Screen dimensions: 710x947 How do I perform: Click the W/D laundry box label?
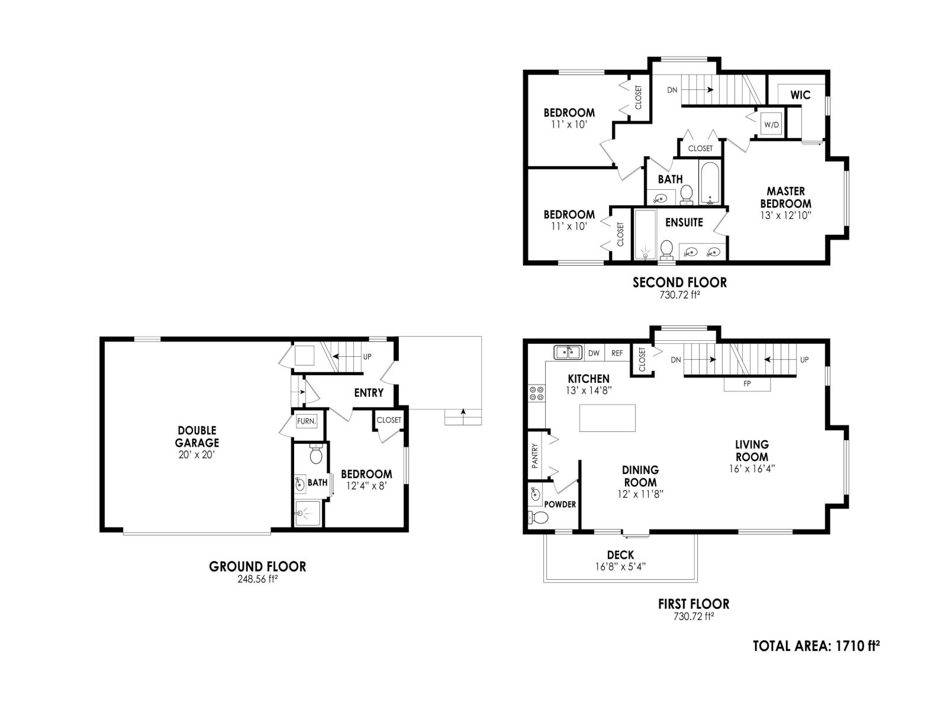[x=772, y=125]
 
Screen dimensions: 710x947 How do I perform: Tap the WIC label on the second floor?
[x=800, y=95]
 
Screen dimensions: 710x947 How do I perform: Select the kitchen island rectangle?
[x=607, y=418]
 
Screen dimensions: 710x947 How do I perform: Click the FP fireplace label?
[x=747, y=384]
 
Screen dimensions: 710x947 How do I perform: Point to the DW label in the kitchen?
[x=594, y=353]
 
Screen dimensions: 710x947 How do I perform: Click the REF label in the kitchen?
[x=617, y=353]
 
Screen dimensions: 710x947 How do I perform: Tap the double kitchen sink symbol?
[x=568, y=353]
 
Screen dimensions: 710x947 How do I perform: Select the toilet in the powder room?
[x=538, y=518]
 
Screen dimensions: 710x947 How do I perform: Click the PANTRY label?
[x=535, y=456]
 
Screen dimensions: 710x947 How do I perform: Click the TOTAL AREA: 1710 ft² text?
[x=816, y=646]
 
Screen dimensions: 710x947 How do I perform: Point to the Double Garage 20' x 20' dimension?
[x=197, y=454]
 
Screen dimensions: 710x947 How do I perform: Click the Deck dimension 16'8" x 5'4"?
[x=620, y=566]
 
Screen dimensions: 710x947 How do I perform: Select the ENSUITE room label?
[x=684, y=222]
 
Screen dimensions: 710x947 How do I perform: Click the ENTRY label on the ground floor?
[x=369, y=393]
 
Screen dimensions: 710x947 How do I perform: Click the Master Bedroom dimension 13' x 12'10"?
[x=785, y=215]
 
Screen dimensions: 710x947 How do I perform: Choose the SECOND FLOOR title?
[x=679, y=283]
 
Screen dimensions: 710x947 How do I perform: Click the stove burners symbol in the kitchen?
[x=537, y=393]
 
